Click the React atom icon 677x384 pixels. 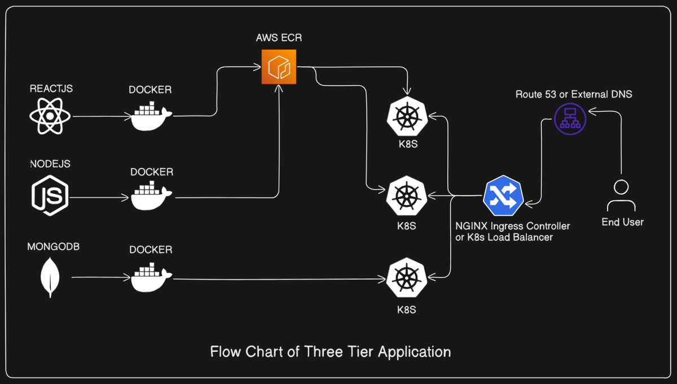point(50,117)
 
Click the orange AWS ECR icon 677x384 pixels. point(279,67)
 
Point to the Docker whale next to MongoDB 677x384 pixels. point(151,277)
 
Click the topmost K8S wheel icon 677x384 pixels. point(406,117)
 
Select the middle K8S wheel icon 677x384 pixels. point(406,197)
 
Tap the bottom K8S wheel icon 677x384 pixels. point(406,277)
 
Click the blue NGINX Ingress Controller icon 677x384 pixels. point(503,196)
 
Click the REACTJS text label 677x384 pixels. point(51,89)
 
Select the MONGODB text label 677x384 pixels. point(53,247)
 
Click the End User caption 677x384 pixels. point(622,222)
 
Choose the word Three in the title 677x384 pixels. point(323,352)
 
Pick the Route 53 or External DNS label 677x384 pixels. point(574,94)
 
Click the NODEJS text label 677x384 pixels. point(50,164)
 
